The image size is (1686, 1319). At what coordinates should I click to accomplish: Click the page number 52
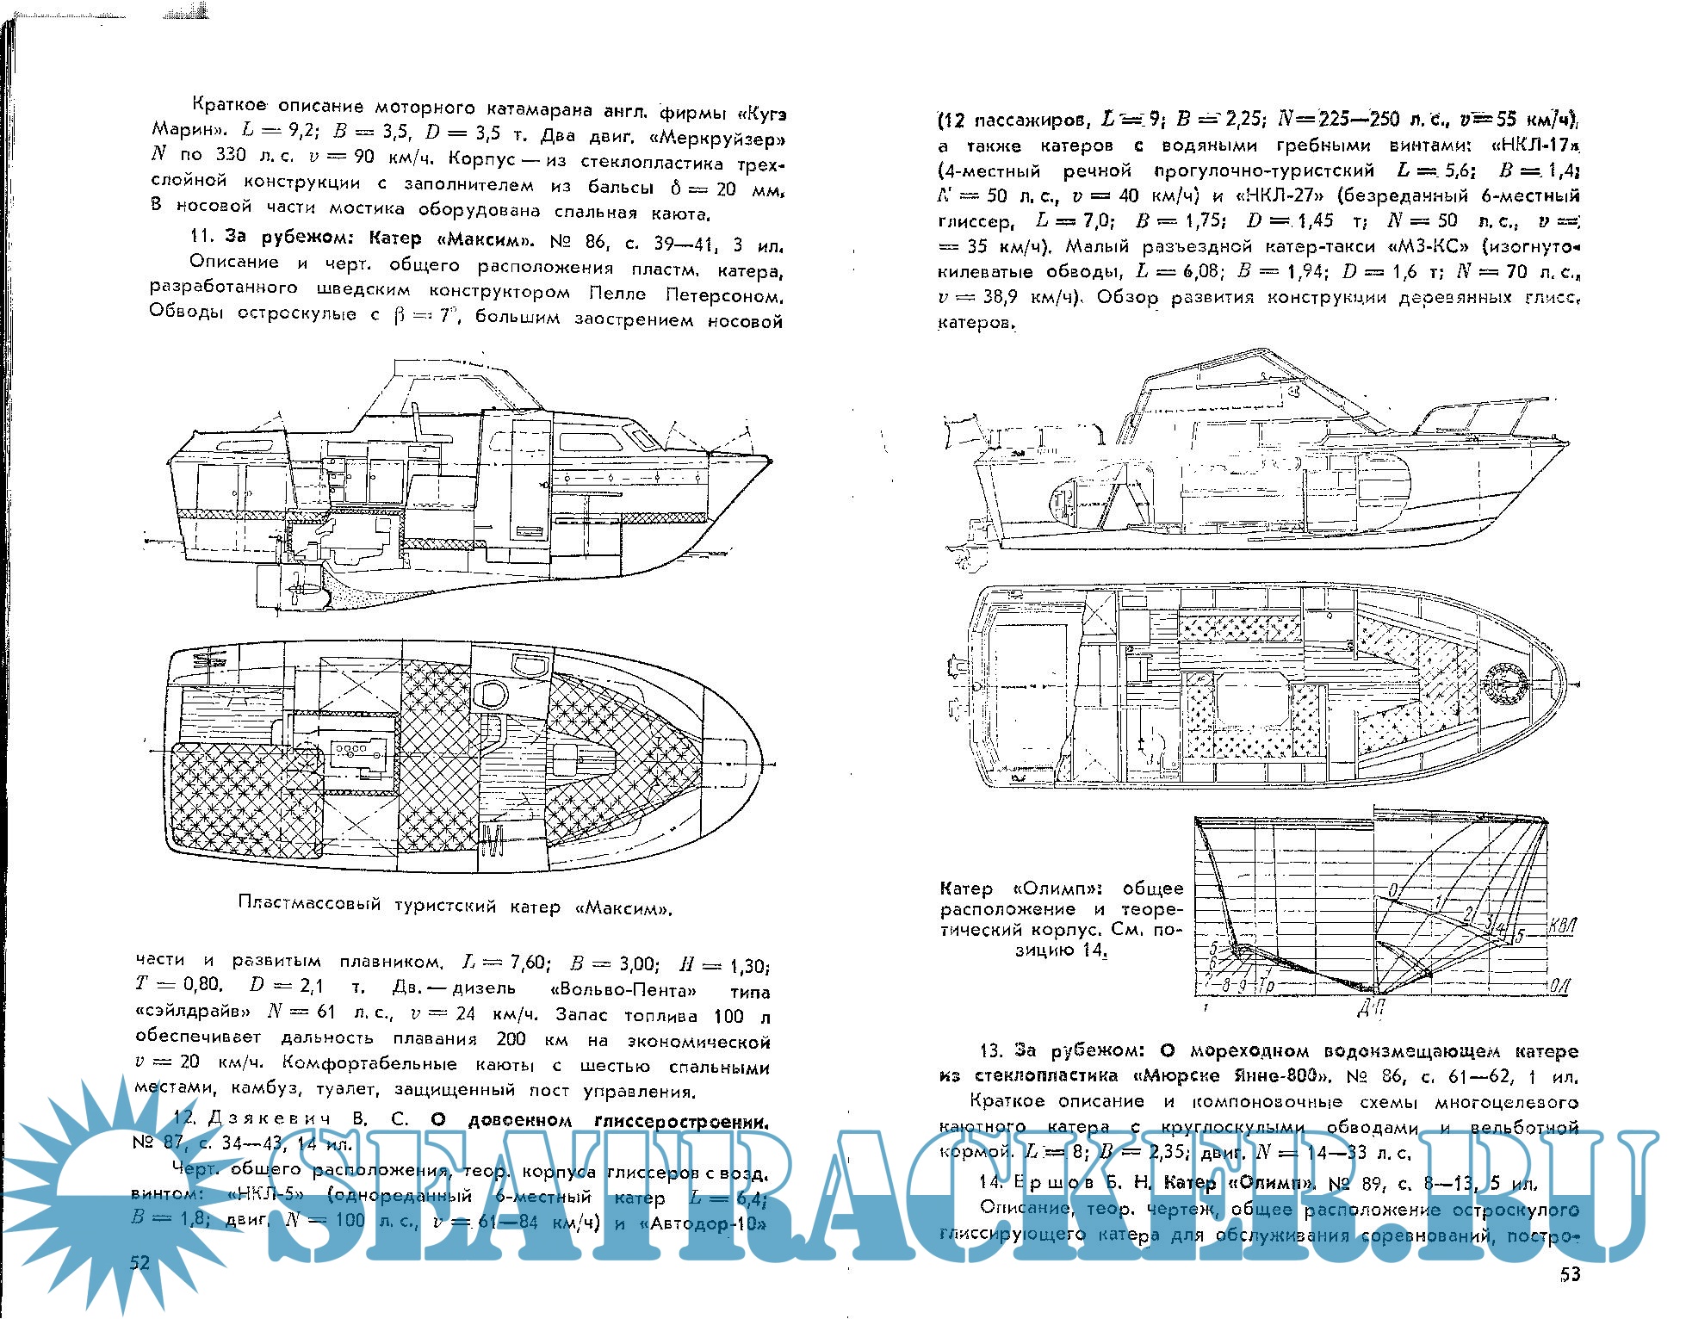point(139,1263)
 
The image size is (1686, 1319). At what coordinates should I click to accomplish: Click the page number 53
point(1570,1275)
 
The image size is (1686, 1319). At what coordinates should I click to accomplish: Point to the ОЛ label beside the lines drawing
point(1559,987)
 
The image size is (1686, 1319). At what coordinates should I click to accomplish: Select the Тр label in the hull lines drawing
point(1267,982)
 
